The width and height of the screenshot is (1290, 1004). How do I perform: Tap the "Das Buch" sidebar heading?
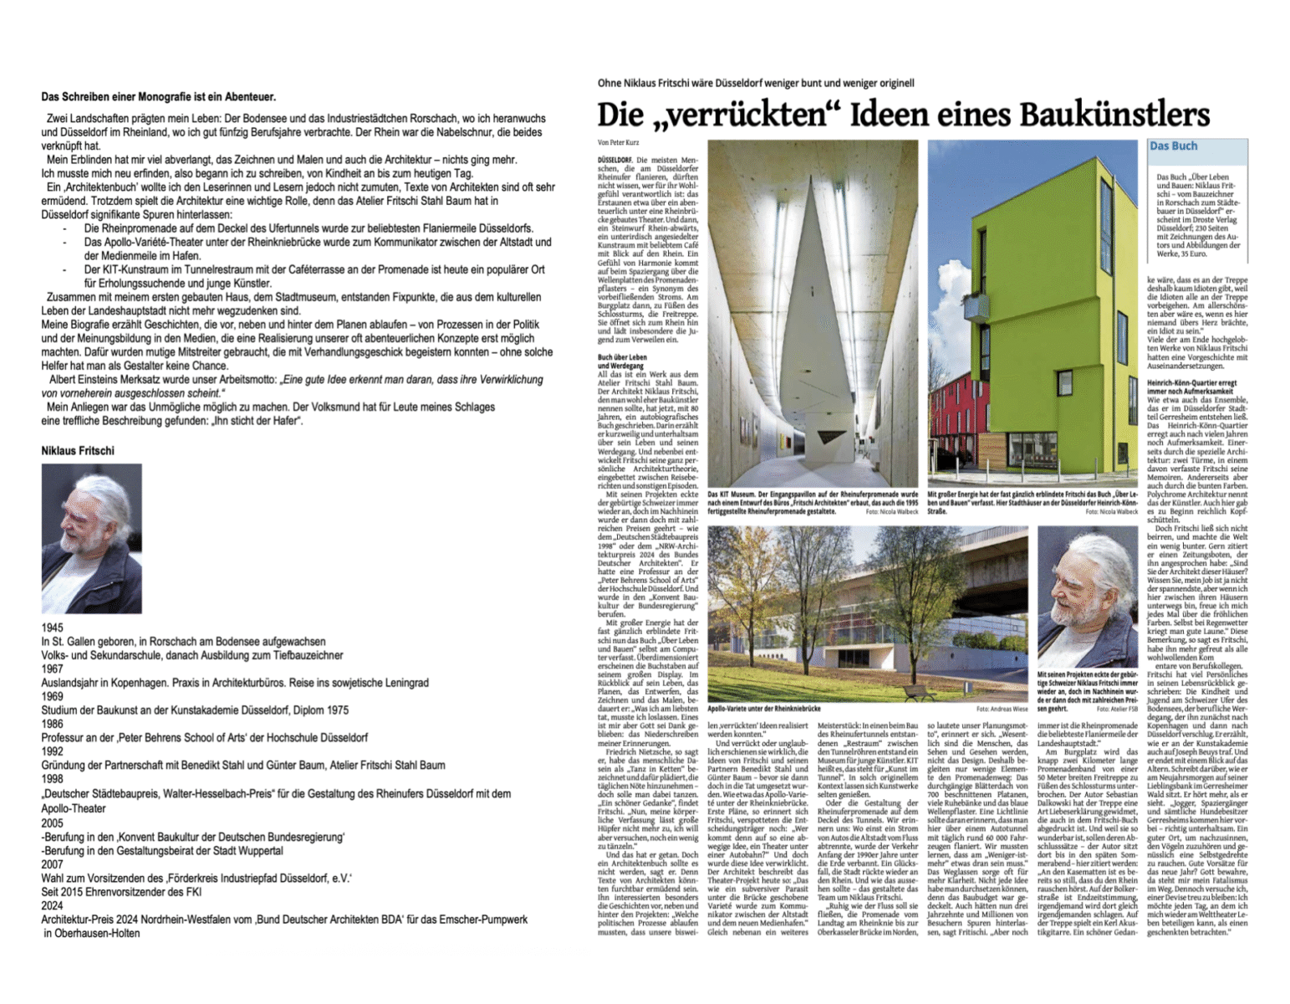coord(1173,146)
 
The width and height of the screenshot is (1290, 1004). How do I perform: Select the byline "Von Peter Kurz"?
coord(618,143)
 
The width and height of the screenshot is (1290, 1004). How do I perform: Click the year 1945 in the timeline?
coord(52,627)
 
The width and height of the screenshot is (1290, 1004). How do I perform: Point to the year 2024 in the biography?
coord(52,905)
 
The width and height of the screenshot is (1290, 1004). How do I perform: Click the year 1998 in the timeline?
coord(52,778)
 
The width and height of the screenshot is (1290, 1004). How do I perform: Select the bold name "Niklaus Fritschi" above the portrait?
coord(78,451)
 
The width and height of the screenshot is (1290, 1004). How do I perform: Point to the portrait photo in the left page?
coord(92,539)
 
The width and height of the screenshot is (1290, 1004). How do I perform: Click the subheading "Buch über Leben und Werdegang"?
coord(621,361)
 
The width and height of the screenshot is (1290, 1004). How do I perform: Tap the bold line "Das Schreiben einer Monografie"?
coord(158,97)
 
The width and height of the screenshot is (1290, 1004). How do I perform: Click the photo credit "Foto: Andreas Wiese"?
coord(1002,709)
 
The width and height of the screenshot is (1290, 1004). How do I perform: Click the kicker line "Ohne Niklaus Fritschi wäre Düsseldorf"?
coord(756,83)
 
